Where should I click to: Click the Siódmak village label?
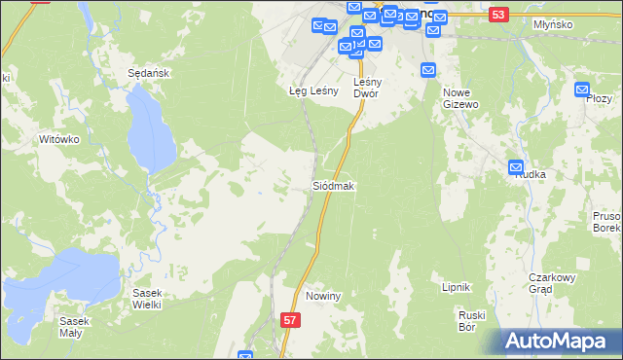click(333, 185)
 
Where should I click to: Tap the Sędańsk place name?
click(150, 73)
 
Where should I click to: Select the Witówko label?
click(58, 139)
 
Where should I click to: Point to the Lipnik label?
click(457, 287)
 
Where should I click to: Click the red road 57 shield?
click(289, 319)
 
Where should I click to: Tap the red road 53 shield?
click(498, 15)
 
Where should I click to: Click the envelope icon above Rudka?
click(516, 167)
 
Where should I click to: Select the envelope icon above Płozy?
click(582, 90)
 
